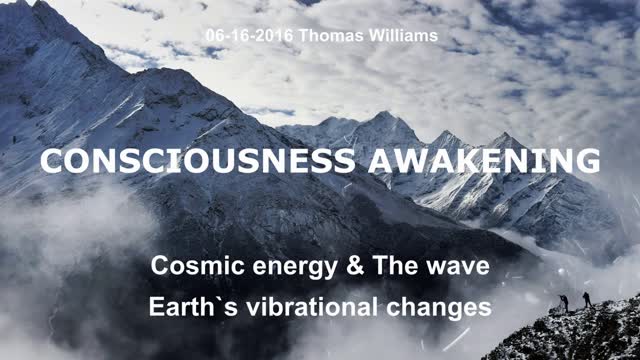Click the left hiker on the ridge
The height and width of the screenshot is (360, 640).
[564, 302]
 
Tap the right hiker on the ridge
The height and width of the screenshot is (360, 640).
[586, 298]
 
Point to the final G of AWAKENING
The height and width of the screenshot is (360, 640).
[589, 161]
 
